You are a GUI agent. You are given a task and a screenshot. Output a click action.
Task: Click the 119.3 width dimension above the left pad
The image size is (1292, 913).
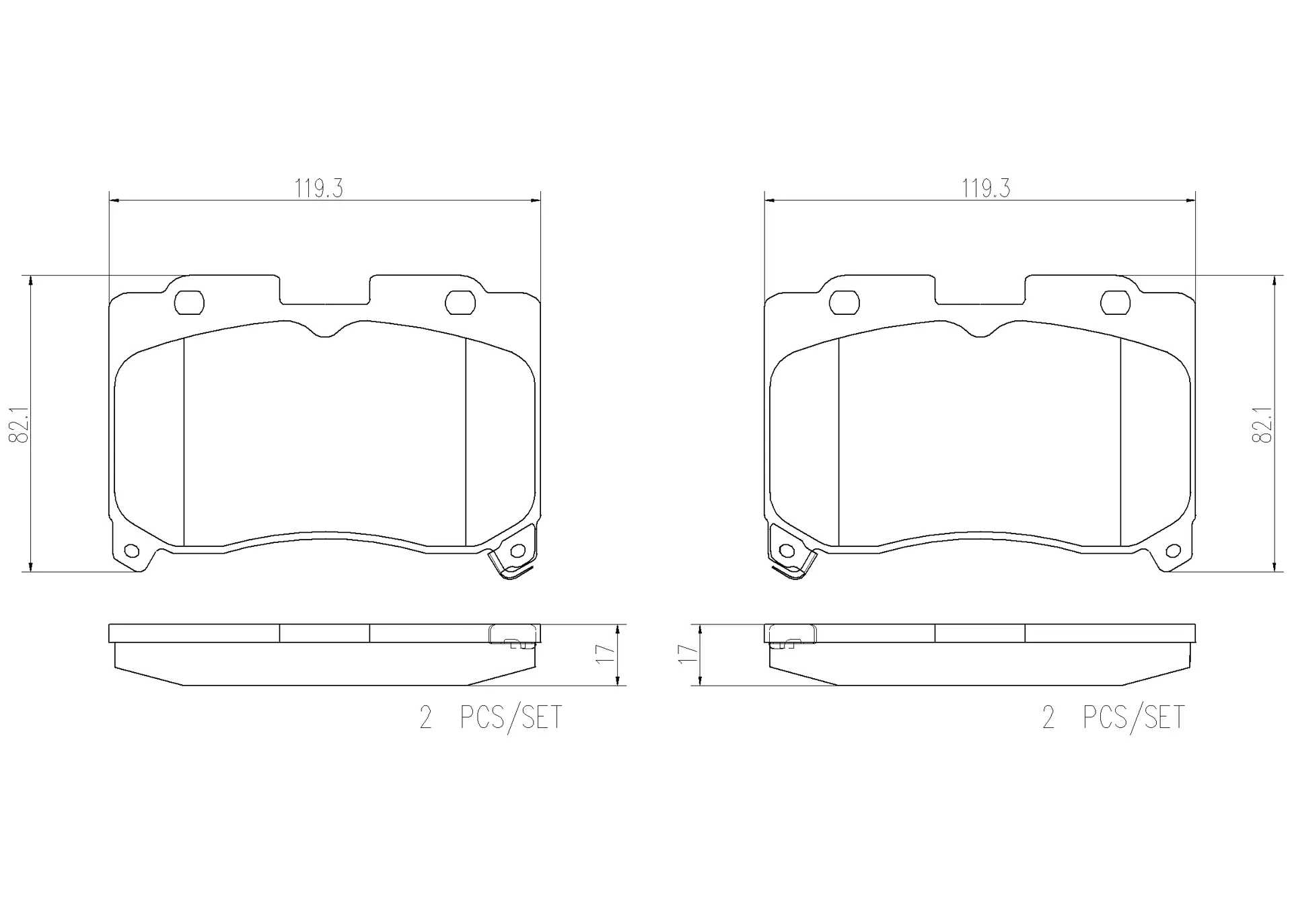click(318, 189)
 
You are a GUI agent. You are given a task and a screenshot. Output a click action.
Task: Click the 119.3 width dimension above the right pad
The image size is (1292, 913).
click(986, 189)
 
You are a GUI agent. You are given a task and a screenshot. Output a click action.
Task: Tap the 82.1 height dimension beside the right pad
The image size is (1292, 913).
click(1262, 424)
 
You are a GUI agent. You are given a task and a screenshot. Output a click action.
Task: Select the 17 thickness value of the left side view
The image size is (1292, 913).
click(607, 654)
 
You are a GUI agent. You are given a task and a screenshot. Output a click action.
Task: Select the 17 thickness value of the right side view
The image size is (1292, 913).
click(688, 654)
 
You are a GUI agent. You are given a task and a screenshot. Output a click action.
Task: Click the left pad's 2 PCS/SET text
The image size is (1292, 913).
click(491, 718)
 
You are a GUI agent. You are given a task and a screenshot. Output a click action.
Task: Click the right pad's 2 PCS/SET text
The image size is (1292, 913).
click(1114, 718)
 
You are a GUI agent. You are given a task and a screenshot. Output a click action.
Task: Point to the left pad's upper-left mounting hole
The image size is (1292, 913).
click(189, 303)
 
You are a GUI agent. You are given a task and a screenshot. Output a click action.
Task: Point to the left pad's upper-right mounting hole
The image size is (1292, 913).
click(460, 303)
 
